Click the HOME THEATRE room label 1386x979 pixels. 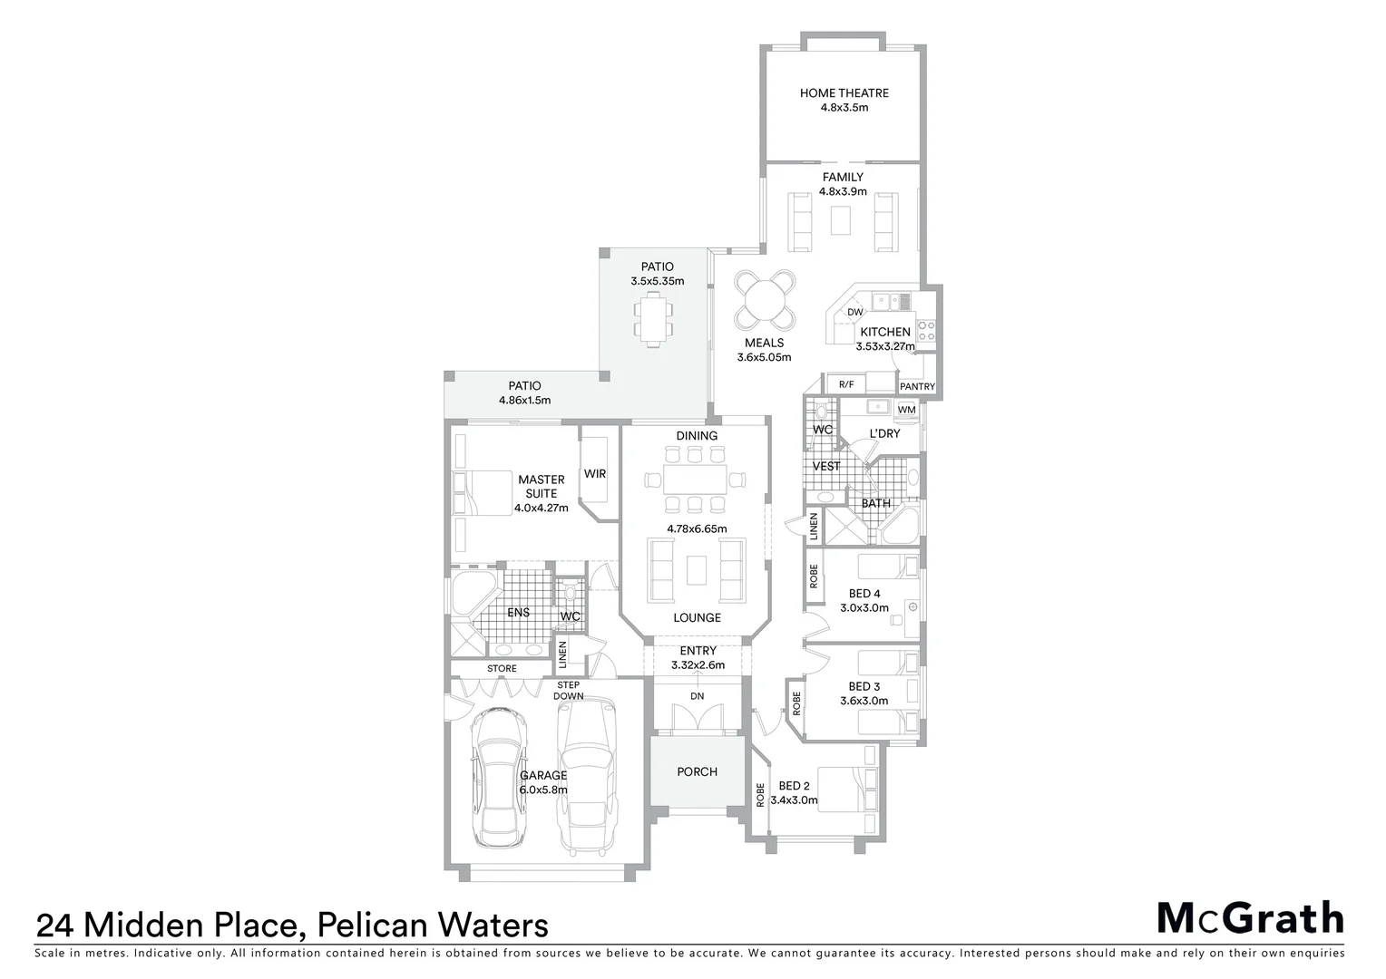pyautogui.click(x=844, y=92)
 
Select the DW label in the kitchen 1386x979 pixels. pyautogui.click(x=854, y=313)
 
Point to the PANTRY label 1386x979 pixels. pyautogui.click(x=917, y=387)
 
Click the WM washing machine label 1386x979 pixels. pyautogui.click(x=905, y=411)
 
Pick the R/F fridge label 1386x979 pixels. pyautogui.click(x=846, y=384)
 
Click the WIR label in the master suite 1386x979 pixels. pyautogui.click(x=595, y=474)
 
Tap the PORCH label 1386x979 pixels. pyautogui.click(x=697, y=771)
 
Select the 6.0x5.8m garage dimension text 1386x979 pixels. pyautogui.click(x=543, y=790)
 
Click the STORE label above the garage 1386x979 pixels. pyautogui.click(x=502, y=669)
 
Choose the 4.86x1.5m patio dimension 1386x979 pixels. pyautogui.click(x=524, y=400)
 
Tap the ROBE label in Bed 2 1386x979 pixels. pyautogui.click(x=760, y=795)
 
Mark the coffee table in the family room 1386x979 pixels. pyautogui.click(x=842, y=219)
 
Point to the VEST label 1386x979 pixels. pyautogui.click(x=826, y=466)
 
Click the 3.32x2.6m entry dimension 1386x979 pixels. pyautogui.click(x=698, y=664)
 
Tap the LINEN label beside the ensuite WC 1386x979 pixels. pyautogui.click(x=562, y=653)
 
